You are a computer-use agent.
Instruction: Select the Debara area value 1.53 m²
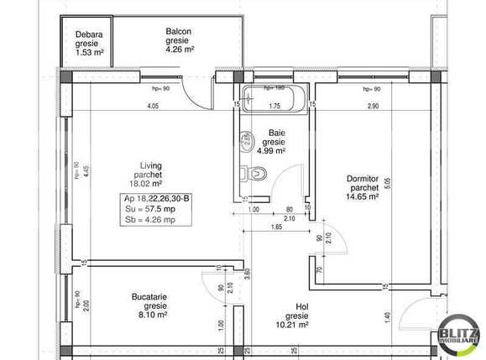[x=87, y=52]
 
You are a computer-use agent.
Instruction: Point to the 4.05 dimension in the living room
[x=153, y=107]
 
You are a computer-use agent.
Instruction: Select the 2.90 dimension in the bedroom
[x=372, y=107]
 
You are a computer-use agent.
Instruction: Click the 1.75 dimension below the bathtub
[x=274, y=107]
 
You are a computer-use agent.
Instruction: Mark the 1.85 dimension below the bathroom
[x=274, y=227]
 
